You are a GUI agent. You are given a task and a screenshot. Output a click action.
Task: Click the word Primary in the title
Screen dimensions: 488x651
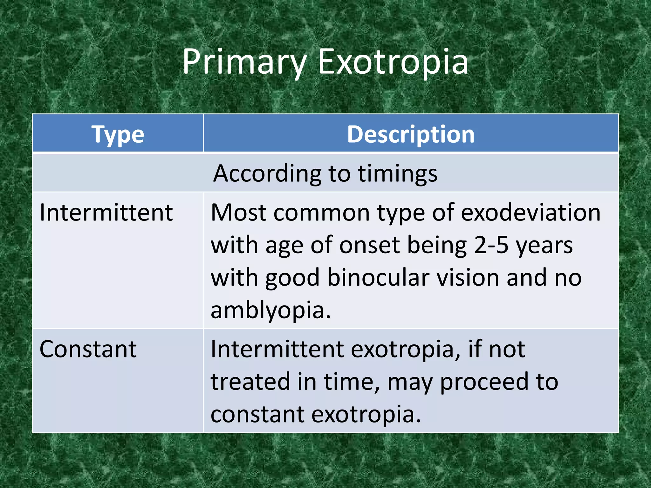click(244, 62)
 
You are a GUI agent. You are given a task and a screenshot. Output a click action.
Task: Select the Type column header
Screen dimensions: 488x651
click(118, 134)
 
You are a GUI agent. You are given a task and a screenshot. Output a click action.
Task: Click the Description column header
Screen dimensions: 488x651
click(411, 134)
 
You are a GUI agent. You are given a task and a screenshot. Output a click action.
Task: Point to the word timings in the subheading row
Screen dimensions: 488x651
click(398, 174)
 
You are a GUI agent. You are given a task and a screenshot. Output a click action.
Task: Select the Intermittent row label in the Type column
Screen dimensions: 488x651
click(106, 213)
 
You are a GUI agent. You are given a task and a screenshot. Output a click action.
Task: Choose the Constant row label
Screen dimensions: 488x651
click(88, 349)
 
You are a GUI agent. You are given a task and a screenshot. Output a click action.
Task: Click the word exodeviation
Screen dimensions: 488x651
click(531, 213)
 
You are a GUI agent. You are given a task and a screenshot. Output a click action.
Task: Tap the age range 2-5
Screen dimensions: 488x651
click(491, 245)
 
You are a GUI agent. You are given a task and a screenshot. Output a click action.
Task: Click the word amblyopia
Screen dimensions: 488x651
click(271, 310)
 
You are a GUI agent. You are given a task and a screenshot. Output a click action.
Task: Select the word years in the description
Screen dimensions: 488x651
click(544, 245)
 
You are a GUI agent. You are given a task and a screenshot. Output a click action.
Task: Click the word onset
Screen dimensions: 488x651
click(369, 245)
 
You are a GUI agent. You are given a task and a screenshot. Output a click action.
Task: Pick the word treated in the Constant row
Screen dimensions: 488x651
click(250, 382)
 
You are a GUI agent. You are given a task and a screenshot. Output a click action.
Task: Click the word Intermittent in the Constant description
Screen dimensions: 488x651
click(277, 349)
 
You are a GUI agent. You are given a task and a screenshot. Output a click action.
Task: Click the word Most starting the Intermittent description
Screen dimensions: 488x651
click(238, 213)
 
